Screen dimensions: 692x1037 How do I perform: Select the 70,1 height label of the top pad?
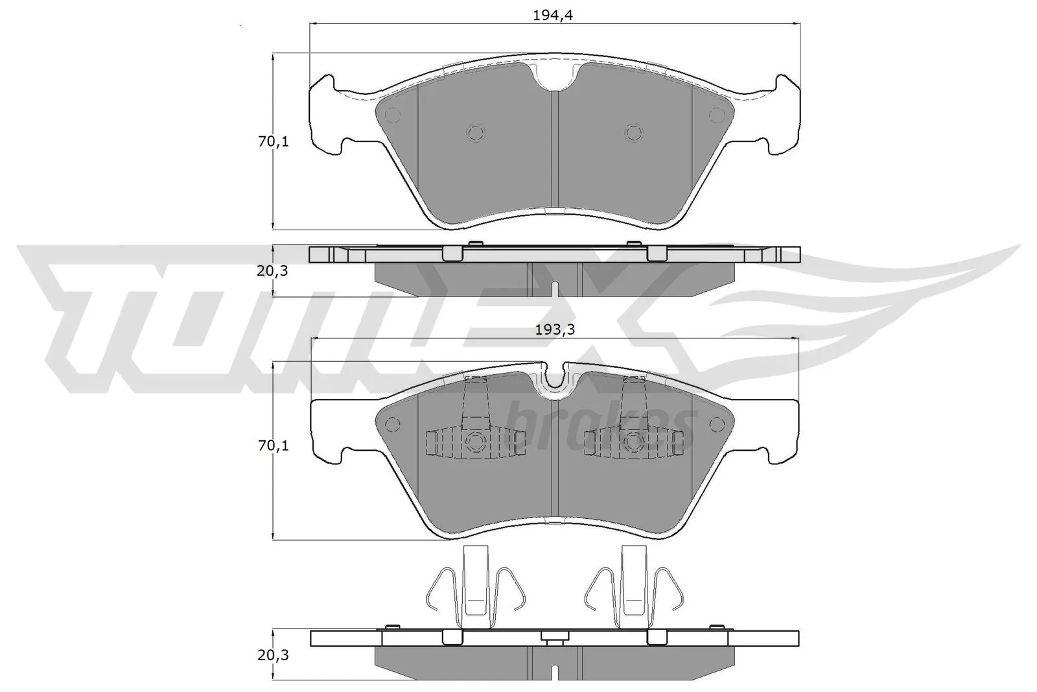pos(273,141)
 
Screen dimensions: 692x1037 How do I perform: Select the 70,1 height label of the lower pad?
pos(273,446)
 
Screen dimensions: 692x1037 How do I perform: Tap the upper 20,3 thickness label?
pos(272,271)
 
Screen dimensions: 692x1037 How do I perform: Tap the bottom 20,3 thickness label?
pos(272,655)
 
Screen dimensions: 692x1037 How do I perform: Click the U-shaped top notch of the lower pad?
pos(555,379)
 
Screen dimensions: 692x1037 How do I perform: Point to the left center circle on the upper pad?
pos(476,132)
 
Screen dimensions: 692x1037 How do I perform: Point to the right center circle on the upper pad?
pos(634,132)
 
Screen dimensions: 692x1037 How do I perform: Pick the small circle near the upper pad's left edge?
pos(392,115)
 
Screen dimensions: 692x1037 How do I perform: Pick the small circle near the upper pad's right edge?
pos(716,115)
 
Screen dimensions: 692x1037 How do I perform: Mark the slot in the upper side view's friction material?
pos(555,288)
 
